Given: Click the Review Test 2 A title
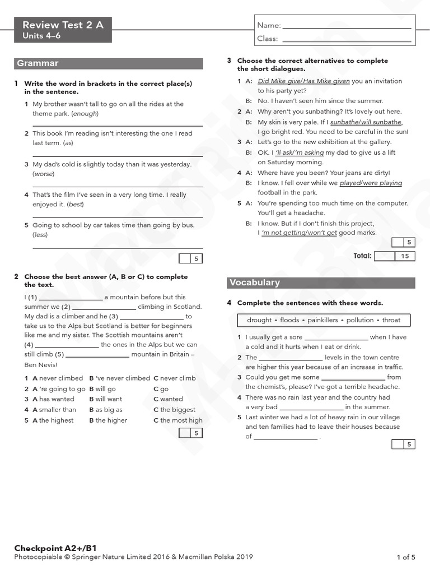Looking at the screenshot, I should click(63, 25).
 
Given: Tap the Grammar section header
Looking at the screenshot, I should click(38, 63).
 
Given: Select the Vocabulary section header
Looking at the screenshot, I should click(255, 283).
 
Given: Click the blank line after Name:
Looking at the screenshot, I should click(347, 26).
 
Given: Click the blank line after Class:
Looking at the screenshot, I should click(347, 39).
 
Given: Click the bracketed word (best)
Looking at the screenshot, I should click(75, 204).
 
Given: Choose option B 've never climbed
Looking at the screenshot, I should click(119, 378).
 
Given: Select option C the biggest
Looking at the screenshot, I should click(174, 410).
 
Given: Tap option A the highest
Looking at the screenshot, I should click(53, 420).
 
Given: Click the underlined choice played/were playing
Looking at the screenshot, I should click(371, 183).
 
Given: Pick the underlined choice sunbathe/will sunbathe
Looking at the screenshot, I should click(366, 122).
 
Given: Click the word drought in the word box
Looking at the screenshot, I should click(259, 320).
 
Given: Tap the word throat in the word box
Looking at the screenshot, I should click(391, 320).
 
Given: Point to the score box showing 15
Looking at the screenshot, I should click(405, 256).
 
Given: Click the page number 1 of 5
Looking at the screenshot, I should click(406, 557).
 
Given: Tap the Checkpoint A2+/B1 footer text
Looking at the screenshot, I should click(52, 548).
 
